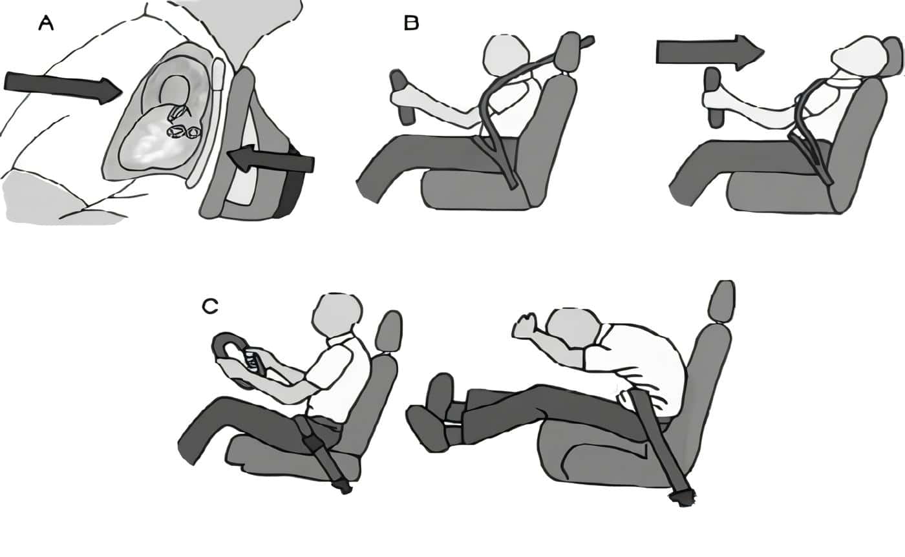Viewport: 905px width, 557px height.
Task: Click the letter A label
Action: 46,24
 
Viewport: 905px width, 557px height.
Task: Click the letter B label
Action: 411,24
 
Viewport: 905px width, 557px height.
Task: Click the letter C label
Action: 209,307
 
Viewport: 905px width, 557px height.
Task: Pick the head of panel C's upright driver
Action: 337,316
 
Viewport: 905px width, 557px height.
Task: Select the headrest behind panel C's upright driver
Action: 389,331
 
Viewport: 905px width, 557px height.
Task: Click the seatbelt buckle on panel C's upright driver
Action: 314,443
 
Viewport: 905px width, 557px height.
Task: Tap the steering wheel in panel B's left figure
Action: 401,96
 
